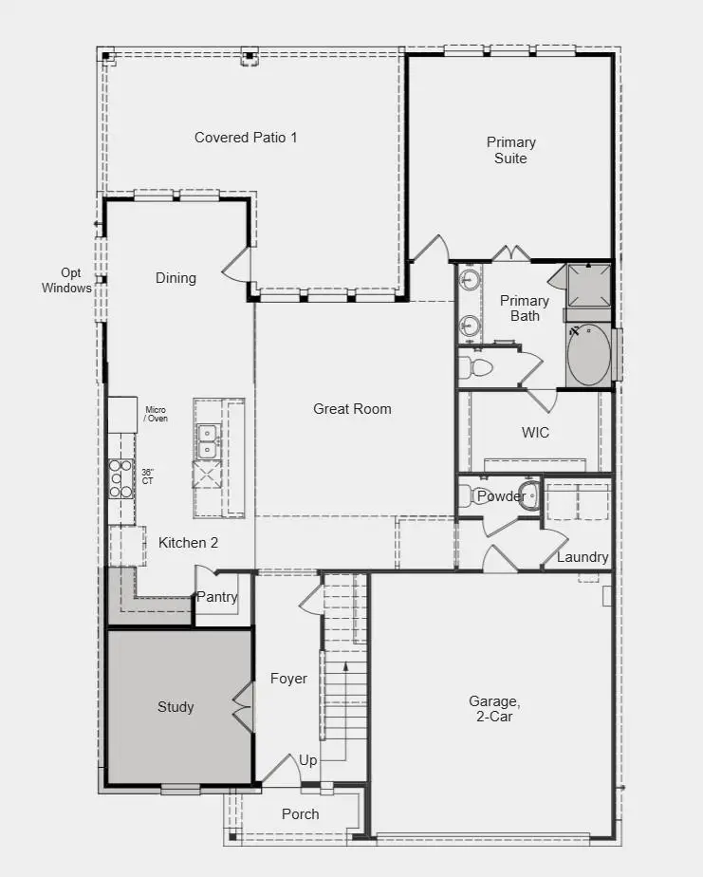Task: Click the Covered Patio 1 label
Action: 246,138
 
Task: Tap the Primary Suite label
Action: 510,150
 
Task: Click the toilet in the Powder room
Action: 468,495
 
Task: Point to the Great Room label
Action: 352,409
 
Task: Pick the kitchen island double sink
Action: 207,441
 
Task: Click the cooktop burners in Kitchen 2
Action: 120,477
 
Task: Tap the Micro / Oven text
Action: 156,414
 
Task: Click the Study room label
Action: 176,707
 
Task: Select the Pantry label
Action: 217,597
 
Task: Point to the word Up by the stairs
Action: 308,760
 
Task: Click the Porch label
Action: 301,814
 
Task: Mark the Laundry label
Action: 583,557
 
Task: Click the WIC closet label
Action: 535,433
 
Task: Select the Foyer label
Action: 288,679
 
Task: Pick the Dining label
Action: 176,278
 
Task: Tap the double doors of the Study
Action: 244,707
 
